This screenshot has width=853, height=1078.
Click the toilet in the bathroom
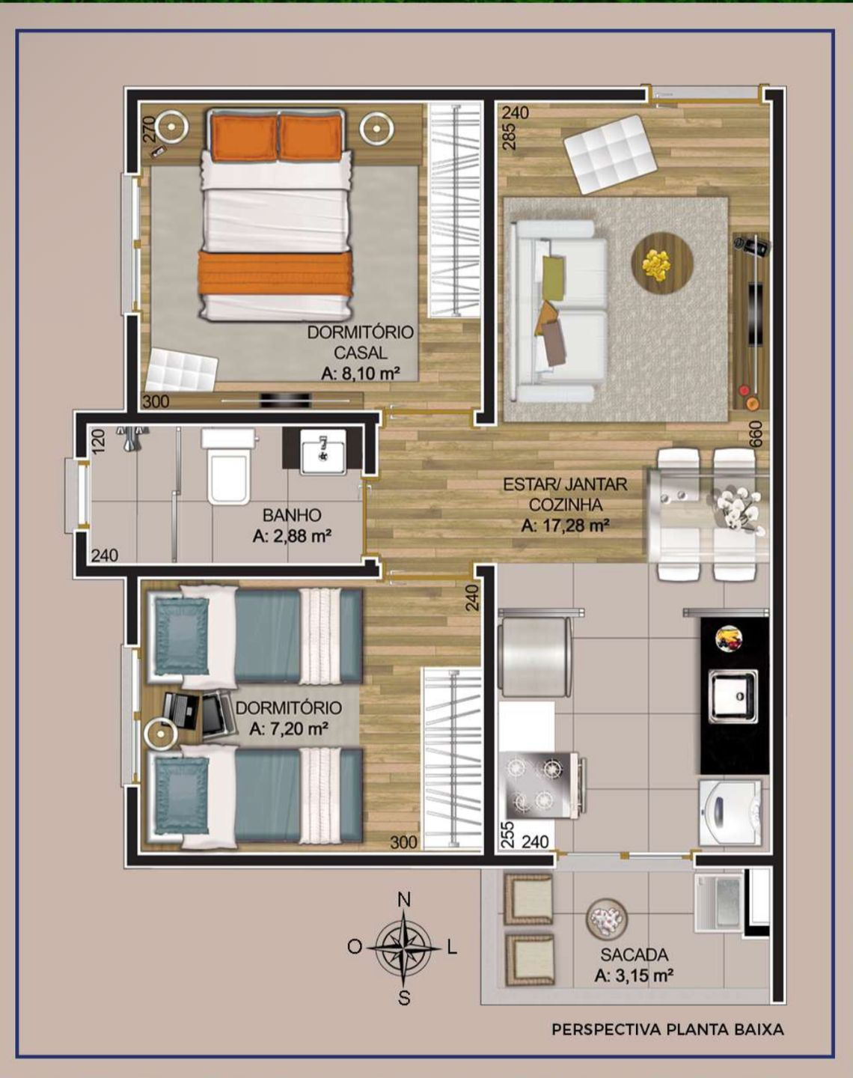point(230,466)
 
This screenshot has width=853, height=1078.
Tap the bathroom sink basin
point(323,451)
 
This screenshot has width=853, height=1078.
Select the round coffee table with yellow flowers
point(662,263)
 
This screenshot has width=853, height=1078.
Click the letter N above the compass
point(404,900)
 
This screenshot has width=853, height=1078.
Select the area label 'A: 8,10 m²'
point(361,374)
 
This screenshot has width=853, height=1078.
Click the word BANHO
point(292,514)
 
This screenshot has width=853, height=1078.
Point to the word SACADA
point(634,954)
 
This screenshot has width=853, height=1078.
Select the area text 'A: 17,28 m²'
point(565,526)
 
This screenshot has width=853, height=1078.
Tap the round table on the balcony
point(607,917)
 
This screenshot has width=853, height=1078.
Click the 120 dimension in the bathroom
point(100,442)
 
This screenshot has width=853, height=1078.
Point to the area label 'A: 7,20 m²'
point(289,728)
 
